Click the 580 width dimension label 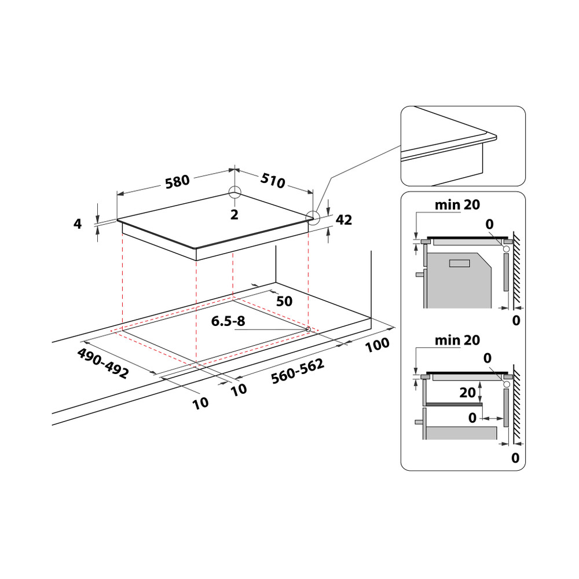coord(177,181)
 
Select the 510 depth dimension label coord(272,181)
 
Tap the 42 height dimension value coord(343,219)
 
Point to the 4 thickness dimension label coord(78,223)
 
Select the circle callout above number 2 coord(234,193)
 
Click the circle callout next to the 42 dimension coord(313,218)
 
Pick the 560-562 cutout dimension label coord(297,371)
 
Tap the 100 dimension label coord(378,345)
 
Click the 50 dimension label coord(284,301)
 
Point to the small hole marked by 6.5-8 coord(307,329)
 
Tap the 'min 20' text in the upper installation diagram coord(457,204)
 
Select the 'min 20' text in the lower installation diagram coord(457,340)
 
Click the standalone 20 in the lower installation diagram coord(467,393)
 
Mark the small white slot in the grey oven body coord(460,263)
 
